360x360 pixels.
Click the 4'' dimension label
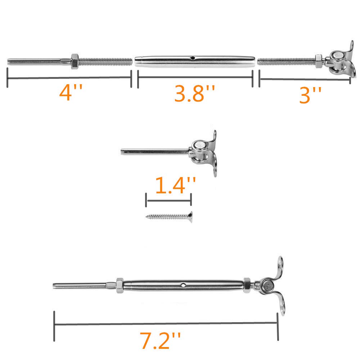click(71, 93)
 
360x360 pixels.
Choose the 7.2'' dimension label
click(161, 340)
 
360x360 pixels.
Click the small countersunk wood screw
click(169, 217)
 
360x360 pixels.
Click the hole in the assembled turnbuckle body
click(184, 285)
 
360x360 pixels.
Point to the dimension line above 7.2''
click(166, 323)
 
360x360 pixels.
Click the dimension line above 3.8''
click(195, 77)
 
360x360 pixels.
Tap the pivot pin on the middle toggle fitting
click(199, 146)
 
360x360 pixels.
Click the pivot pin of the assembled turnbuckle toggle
click(268, 287)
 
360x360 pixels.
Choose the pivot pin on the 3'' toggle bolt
click(337, 56)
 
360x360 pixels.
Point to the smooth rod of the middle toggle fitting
click(155, 151)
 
